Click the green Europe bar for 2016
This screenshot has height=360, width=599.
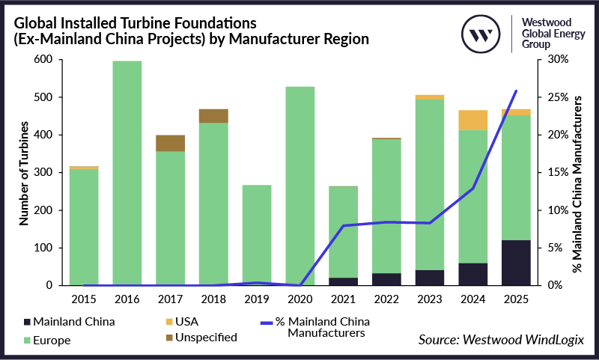[127, 173]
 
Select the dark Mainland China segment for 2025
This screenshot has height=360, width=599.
[516, 263]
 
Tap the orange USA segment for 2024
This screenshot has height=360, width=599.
[473, 120]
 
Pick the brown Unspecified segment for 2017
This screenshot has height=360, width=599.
[170, 143]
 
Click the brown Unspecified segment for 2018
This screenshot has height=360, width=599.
[213, 115]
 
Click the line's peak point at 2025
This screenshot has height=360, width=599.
[516, 91]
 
